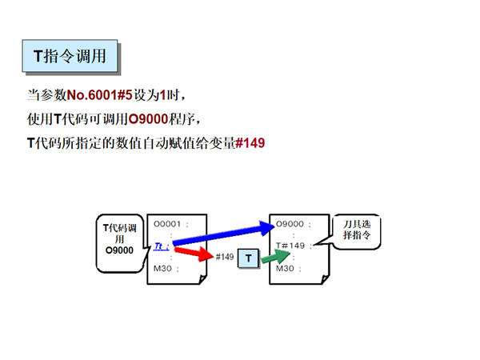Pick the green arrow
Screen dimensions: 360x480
(277, 257)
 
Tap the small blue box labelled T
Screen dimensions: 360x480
(249, 258)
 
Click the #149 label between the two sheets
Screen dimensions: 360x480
(225, 257)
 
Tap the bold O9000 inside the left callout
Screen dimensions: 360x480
(118, 250)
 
